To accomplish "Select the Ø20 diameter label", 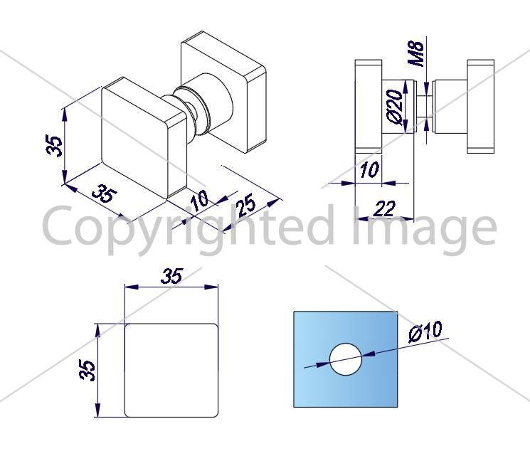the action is click(x=395, y=107).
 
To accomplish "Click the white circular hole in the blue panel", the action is click(x=346, y=359).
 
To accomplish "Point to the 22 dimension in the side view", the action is click(x=384, y=208).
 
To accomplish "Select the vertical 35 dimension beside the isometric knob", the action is click(x=54, y=146).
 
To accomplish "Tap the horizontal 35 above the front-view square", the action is click(x=171, y=276).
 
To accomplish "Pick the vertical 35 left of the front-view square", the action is click(x=88, y=371).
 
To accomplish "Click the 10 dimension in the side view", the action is click(x=370, y=169).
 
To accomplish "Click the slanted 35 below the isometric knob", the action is click(x=105, y=194).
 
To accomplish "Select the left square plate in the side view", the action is click(x=369, y=107).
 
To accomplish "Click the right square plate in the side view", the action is click(x=480, y=107).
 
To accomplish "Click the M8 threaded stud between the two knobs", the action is click(x=425, y=107).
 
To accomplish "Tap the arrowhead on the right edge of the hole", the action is click(x=369, y=354).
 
